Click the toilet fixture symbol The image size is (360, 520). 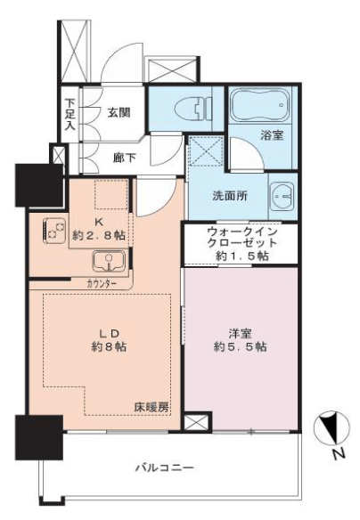coord(193,110)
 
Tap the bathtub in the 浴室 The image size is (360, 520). coord(260,105)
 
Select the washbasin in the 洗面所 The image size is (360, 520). coord(282,196)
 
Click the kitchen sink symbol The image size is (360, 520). coord(109,261)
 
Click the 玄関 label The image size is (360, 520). coord(119,113)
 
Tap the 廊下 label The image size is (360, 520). coord(125,158)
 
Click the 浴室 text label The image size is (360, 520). coord(272,135)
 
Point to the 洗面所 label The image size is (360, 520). coord(230,196)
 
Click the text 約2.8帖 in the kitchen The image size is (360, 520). coord(99,235)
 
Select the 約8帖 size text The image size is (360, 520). coord(110,347)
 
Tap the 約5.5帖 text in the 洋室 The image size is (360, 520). coord(240,347)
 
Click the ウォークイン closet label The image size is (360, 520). coord(241,231)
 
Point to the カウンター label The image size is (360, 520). coord(102,283)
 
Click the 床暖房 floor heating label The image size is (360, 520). coord(151,407)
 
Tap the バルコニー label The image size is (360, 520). coord(165,468)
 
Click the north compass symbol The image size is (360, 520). coord(332,427)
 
